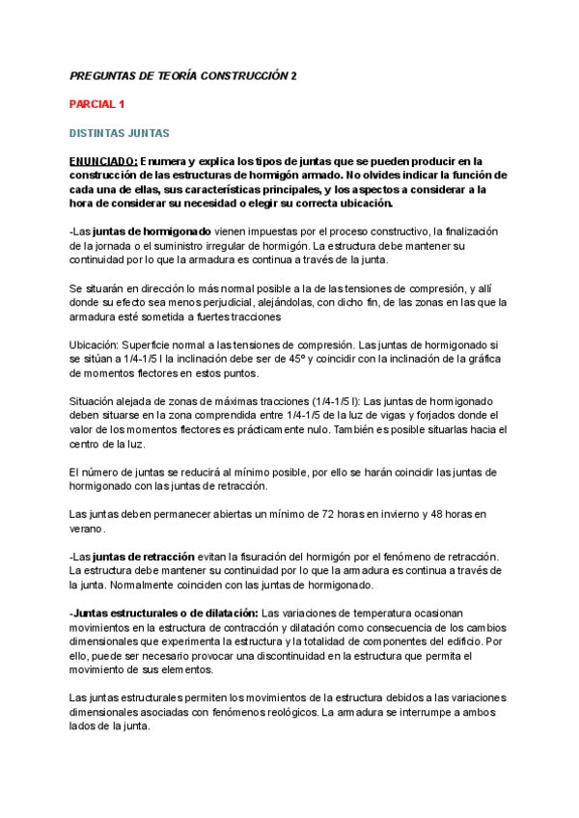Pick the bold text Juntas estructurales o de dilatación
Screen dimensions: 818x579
click(165, 613)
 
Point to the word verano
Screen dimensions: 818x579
click(87, 529)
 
